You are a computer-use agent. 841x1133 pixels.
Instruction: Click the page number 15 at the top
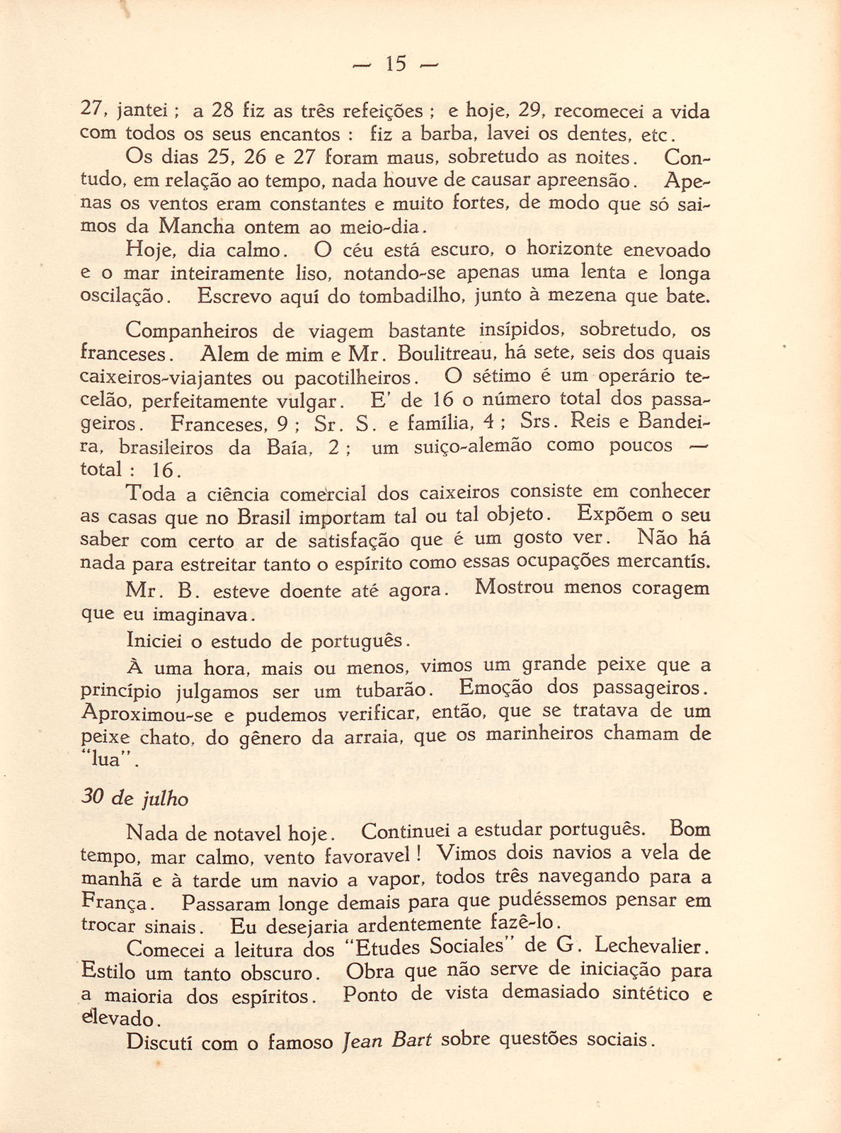point(396,64)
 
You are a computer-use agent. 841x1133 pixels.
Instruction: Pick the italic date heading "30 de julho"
point(135,798)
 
